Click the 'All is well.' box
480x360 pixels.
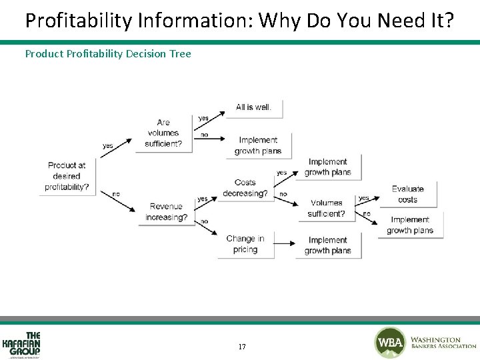click(x=254, y=107)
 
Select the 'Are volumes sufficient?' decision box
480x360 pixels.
click(x=163, y=133)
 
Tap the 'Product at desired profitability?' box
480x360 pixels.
click(x=67, y=176)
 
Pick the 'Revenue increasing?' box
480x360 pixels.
click(x=166, y=212)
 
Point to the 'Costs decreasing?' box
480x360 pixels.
click(x=245, y=188)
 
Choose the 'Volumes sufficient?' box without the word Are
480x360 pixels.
click(x=327, y=208)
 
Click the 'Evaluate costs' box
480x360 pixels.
click(x=407, y=194)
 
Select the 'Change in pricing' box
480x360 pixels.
click(x=245, y=244)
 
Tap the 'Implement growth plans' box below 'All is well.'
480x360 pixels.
click(x=258, y=145)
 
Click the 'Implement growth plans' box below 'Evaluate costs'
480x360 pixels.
click(x=410, y=225)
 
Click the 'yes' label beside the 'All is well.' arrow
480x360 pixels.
click(x=203, y=119)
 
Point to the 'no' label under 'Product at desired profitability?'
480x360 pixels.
click(x=116, y=194)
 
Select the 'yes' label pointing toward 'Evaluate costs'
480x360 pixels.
click(x=363, y=198)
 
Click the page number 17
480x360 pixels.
click(x=241, y=347)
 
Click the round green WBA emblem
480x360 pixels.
click(x=390, y=343)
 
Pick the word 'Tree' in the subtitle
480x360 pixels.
click(x=180, y=53)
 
